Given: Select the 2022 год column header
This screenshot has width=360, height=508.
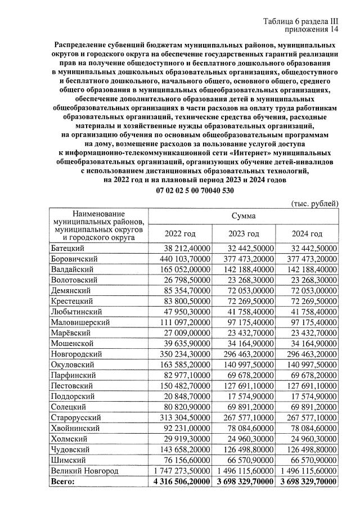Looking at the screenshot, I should pyautogui.click(x=179, y=233).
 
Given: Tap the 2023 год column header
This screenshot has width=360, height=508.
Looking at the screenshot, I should pyautogui.click(x=244, y=233).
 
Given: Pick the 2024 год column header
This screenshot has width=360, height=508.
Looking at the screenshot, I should pyautogui.click(x=307, y=233).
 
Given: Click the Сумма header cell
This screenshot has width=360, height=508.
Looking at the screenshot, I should pyautogui.click(x=243, y=216).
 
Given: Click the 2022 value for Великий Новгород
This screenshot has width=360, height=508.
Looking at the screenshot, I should pyautogui.click(x=180, y=471).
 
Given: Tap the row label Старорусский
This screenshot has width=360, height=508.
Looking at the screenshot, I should pyautogui.click(x=76, y=418).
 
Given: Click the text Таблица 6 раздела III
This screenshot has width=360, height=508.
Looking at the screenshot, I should pyautogui.click(x=301, y=21).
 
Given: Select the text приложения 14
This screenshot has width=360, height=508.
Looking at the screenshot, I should pyautogui.click(x=312, y=30).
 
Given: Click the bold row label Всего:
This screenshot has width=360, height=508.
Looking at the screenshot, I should pyautogui.click(x=62, y=482).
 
